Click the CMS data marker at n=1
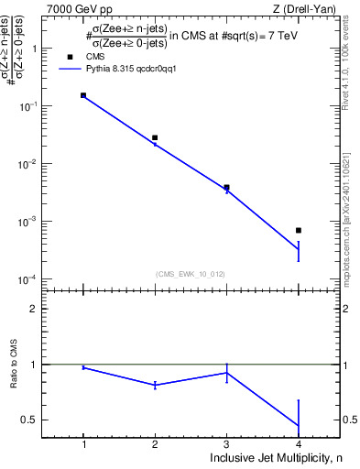[83, 95]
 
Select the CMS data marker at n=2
[155, 137]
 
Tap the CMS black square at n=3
[226, 187]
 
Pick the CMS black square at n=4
[299, 230]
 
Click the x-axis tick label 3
[226, 443]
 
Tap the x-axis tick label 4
[299, 443]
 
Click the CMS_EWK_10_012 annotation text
[191, 273]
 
